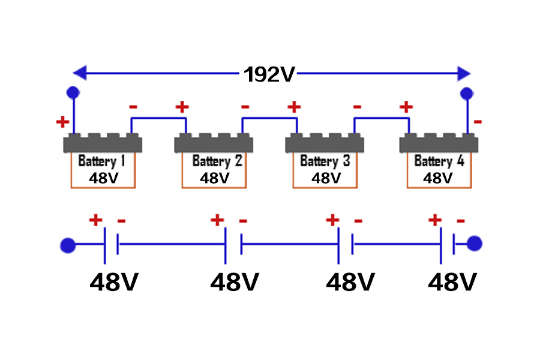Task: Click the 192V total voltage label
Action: (270, 74)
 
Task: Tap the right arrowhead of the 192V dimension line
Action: (463, 74)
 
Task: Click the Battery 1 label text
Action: (102, 161)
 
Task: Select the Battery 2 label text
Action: (217, 161)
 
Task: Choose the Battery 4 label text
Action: (439, 161)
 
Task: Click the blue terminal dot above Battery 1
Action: (73, 92)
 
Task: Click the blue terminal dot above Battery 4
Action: (466, 93)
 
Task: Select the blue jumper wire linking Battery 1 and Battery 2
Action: (158, 118)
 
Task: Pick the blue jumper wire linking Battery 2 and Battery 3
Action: (269, 118)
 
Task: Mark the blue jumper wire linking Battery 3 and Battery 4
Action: (381, 118)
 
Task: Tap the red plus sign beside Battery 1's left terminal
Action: (62, 122)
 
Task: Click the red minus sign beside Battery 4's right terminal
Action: (478, 122)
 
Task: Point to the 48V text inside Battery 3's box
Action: (326, 178)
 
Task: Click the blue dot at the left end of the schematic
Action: (68, 245)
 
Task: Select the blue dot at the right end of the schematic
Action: (474, 244)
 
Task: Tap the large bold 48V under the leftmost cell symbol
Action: (114, 282)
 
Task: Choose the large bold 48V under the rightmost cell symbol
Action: (453, 282)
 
